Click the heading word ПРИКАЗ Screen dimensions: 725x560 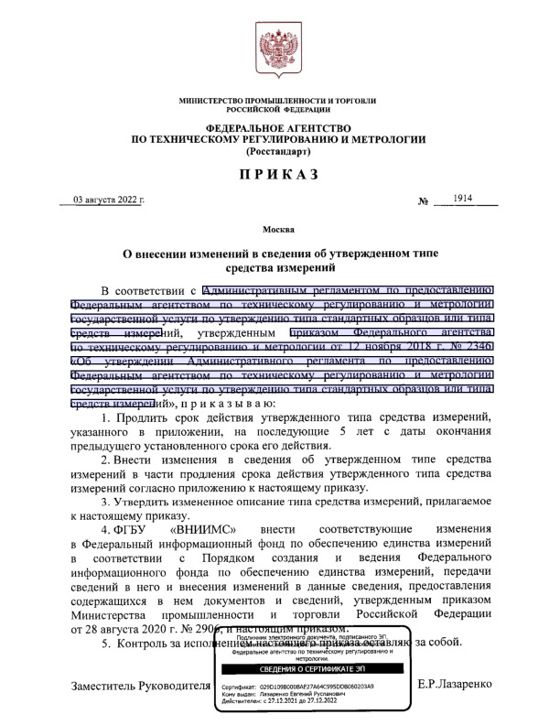[279, 173]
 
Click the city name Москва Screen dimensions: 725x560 [279, 228]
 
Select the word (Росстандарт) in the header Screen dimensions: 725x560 [279, 150]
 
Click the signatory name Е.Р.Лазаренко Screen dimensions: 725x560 [454, 685]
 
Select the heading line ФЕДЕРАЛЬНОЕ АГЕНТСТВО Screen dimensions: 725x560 [279, 127]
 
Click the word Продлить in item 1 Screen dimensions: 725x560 [149, 444]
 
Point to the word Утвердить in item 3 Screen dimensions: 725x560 [150, 503]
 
